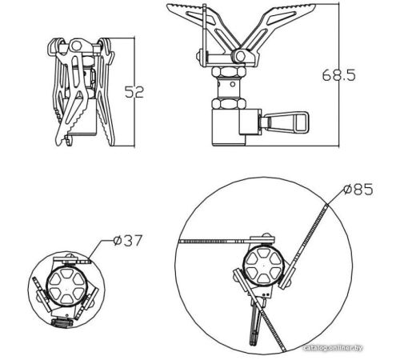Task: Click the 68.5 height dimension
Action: [x=339, y=75]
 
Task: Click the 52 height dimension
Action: [x=134, y=92]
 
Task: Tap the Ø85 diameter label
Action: [x=358, y=190]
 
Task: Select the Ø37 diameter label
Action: [x=128, y=241]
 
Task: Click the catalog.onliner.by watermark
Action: [x=333, y=348]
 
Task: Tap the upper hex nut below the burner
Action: [x=228, y=72]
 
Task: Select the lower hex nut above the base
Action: [x=228, y=103]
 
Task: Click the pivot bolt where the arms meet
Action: [x=241, y=56]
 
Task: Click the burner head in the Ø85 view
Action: [x=263, y=266]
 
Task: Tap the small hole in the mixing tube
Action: [x=233, y=85]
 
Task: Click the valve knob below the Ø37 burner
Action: [x=62, y=323]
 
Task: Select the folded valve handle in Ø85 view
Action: [x=254, y=322]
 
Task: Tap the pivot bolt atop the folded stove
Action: [x=77, y=46]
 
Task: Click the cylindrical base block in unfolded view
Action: [x=229, y=127]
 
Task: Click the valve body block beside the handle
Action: [x=250, y=122]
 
